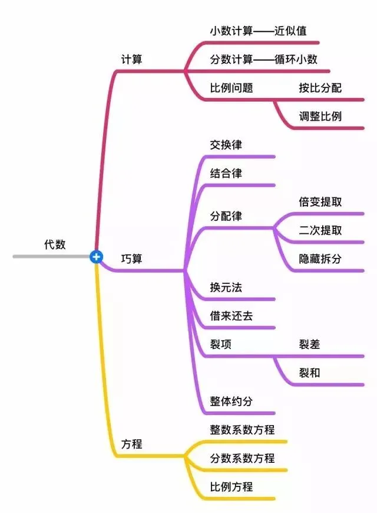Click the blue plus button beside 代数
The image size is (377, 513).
pos(97,257)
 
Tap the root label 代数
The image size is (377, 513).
pos(55,244)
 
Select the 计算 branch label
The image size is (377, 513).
pos(131,60)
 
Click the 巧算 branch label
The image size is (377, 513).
pos(131,259)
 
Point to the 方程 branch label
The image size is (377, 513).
pos(131,444)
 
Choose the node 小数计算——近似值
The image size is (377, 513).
pos(258,30)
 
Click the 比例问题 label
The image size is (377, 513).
pos(232,88)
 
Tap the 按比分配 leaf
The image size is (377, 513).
pos(320,88)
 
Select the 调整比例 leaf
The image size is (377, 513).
pos(320,116)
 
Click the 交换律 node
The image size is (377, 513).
pos(226,145)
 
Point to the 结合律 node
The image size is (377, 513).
pos(226,174)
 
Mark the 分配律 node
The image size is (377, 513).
pos(226,216)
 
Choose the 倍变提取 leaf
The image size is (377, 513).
pos(320,202)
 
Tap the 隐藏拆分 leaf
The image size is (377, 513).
pos(320,259)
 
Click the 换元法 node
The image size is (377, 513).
pos(226,287)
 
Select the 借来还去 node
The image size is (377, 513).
pos(232,316)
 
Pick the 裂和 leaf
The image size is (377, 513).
pos(309,373)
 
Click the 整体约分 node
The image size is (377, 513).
pos(232,401)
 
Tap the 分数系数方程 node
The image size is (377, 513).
pos(242,458)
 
